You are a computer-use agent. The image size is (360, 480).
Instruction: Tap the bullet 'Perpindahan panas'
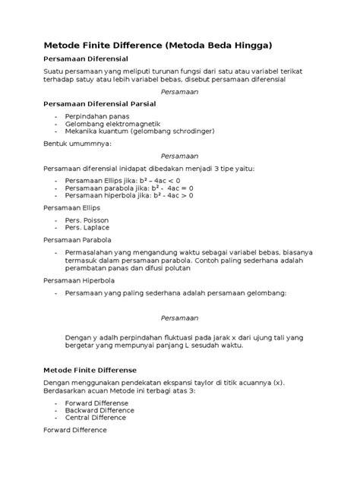[98, 116]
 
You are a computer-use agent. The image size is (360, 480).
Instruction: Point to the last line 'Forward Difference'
[75, 430]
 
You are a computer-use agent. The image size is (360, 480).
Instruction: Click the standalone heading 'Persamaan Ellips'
[71, 207]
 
